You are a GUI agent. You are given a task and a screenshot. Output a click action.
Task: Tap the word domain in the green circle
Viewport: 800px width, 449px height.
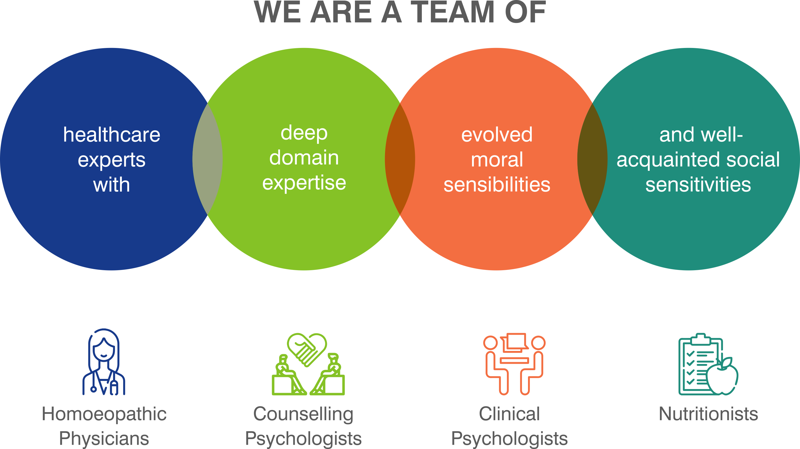(304, 158)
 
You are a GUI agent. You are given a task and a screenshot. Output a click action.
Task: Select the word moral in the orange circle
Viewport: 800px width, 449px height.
(497, 160)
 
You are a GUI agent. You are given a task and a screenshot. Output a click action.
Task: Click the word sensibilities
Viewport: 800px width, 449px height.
(497, 185)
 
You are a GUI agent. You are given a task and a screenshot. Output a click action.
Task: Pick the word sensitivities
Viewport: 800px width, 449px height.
(698, 185)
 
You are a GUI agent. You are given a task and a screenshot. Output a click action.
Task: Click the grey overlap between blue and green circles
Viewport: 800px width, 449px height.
(207, 159)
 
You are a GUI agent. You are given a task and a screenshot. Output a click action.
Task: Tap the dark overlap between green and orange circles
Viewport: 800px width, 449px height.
(400, 159)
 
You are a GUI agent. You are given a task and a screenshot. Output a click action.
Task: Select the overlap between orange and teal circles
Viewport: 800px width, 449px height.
(592, 159)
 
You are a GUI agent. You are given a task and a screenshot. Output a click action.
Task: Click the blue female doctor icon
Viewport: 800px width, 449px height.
(104, 362)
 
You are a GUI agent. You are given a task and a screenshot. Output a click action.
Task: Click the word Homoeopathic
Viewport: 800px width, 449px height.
(104, 414)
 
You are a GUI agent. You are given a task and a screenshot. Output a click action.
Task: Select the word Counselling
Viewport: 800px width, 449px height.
(303, 414)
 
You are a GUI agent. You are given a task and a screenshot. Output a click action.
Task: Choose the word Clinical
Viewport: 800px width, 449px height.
(509, 414)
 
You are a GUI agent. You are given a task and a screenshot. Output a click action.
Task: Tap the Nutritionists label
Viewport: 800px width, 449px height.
(708, 414)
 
